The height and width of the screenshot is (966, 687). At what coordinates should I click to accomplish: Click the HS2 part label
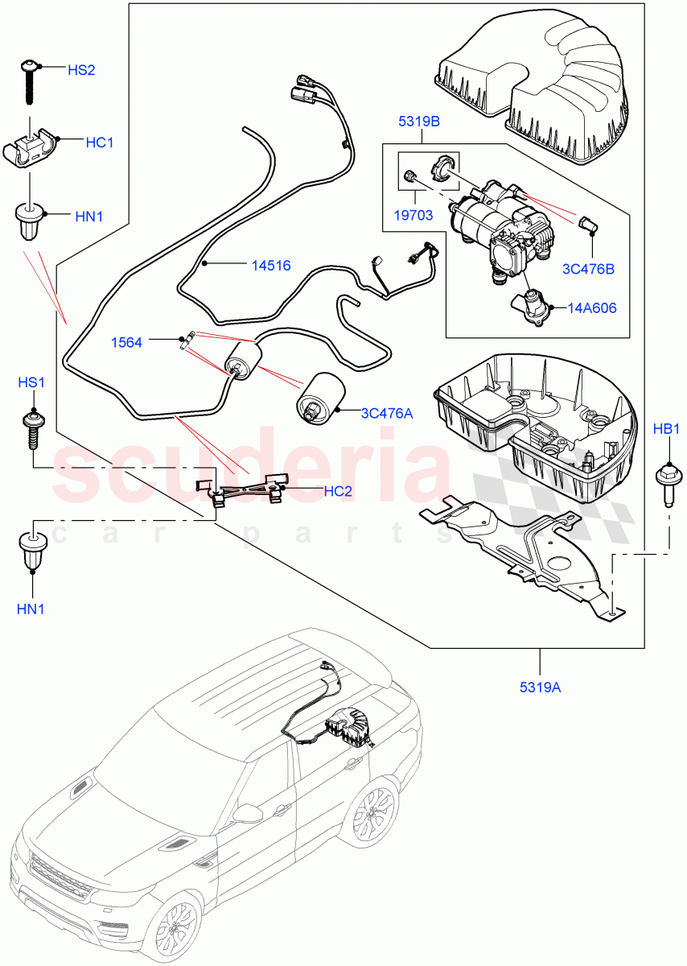[81, 70]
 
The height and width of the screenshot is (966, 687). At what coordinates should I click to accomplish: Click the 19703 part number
[413, 215]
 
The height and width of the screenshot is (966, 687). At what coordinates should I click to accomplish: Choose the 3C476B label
[588, 269]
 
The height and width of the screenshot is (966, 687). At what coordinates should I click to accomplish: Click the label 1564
[127, 342]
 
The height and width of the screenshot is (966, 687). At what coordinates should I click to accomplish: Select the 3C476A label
[386, 413]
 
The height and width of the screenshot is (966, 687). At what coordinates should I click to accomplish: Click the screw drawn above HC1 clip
[29, 80]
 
